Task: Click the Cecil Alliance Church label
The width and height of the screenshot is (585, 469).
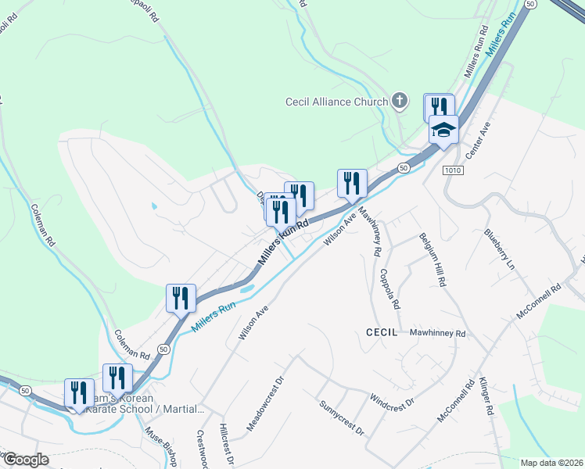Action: (x=336, y=102)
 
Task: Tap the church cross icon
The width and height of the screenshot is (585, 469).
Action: (x=400, y=100)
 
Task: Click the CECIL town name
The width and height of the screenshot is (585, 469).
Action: (x=382, y=332)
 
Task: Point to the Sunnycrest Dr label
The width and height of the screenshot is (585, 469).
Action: (x=342, y=418)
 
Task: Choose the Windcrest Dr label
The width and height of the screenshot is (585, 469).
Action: (x=391, y=402)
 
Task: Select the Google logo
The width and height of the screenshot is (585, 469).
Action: (x=26, y=460)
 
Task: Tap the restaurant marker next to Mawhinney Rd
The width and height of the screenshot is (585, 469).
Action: (x=352, y=184)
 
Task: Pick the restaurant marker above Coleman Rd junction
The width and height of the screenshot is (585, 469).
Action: (x=181, y=298)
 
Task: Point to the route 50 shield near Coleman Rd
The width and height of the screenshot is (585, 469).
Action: (x=163, y=348)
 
